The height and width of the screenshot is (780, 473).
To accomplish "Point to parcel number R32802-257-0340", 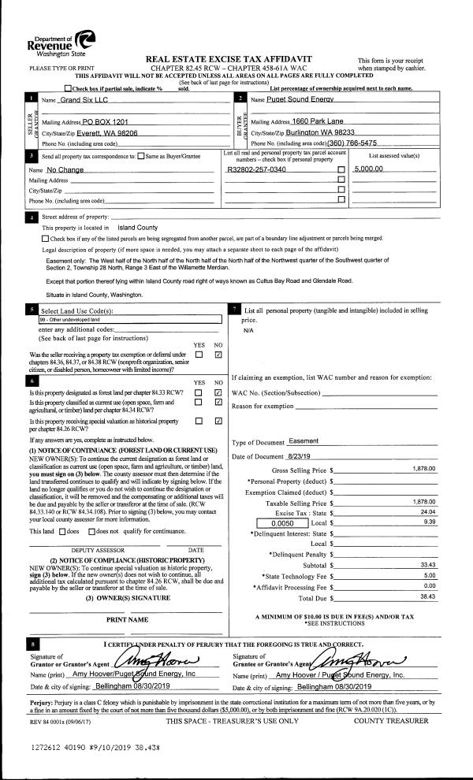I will click(256, 169).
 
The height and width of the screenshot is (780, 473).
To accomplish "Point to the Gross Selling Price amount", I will click(424, 469).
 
